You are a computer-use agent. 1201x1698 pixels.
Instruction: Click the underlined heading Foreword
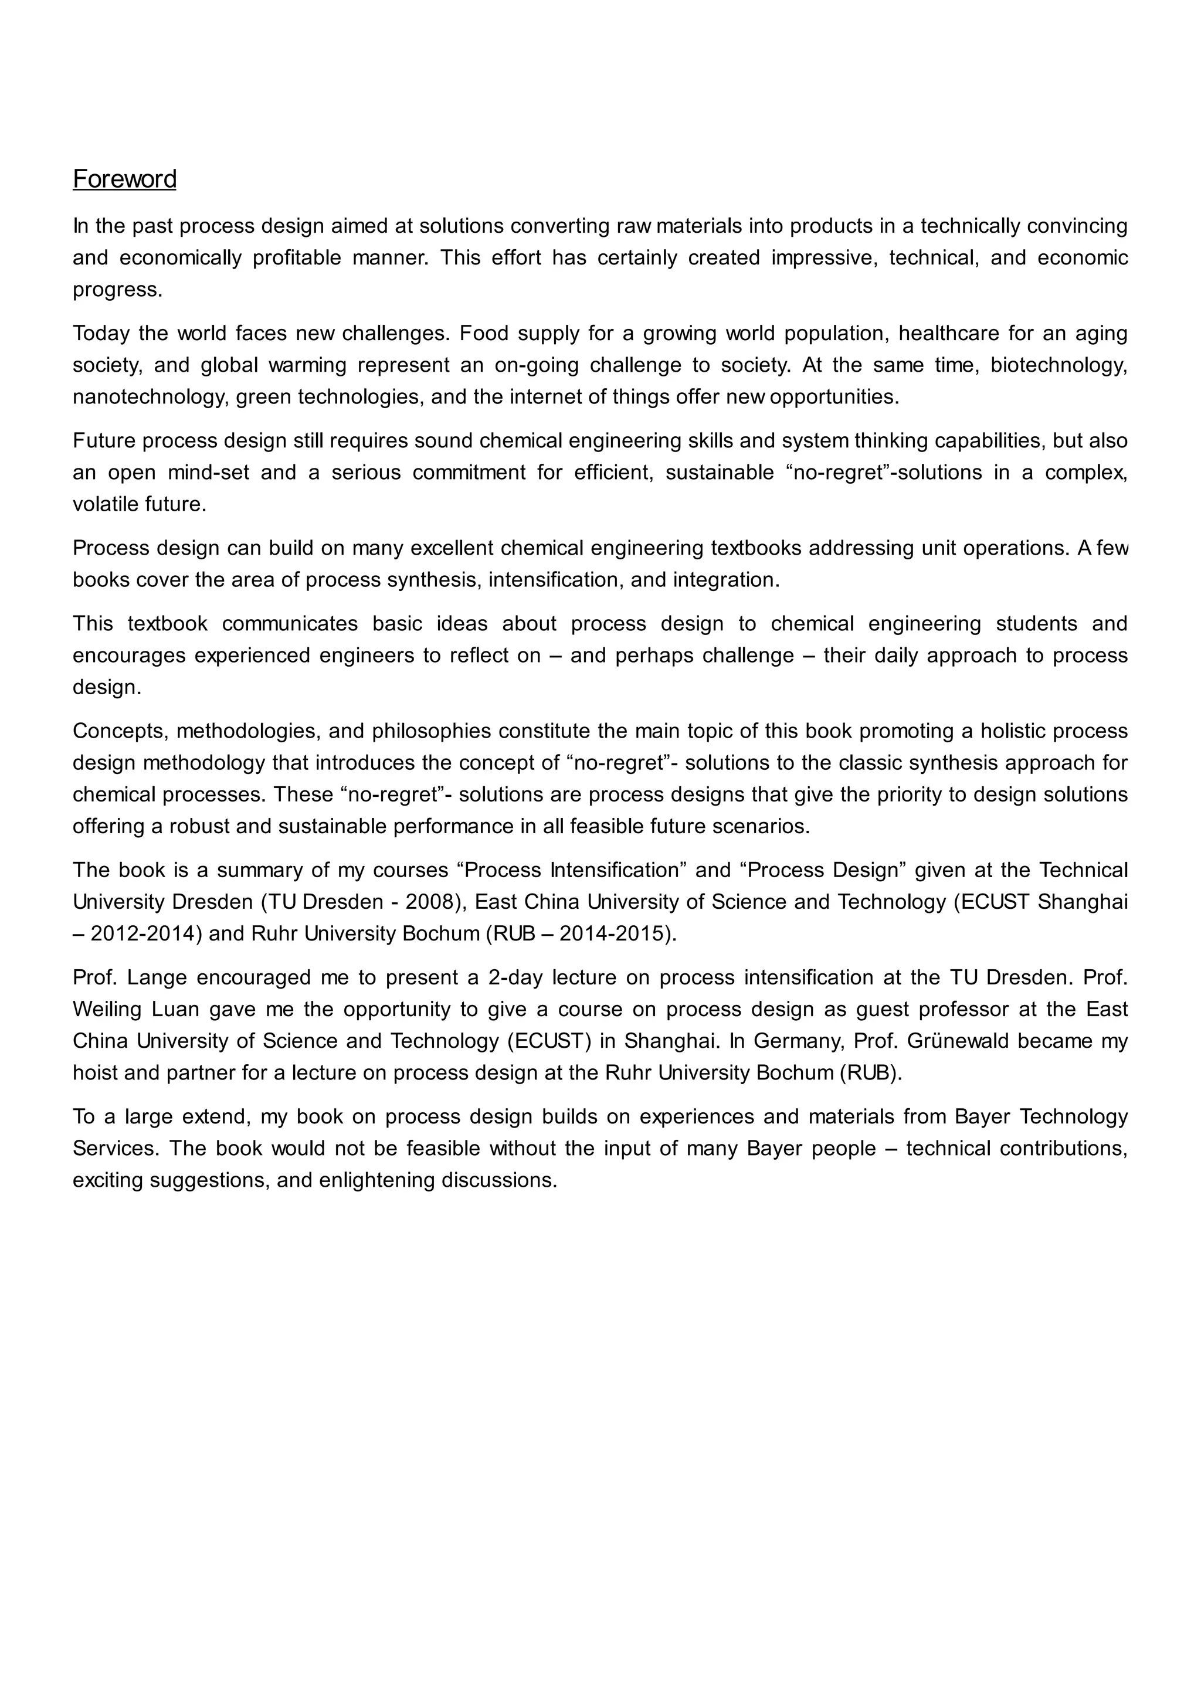coord(124,179)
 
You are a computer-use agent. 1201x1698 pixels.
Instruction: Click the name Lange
coord(156,977)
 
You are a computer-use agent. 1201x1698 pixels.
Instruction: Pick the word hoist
coord(94,1073)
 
